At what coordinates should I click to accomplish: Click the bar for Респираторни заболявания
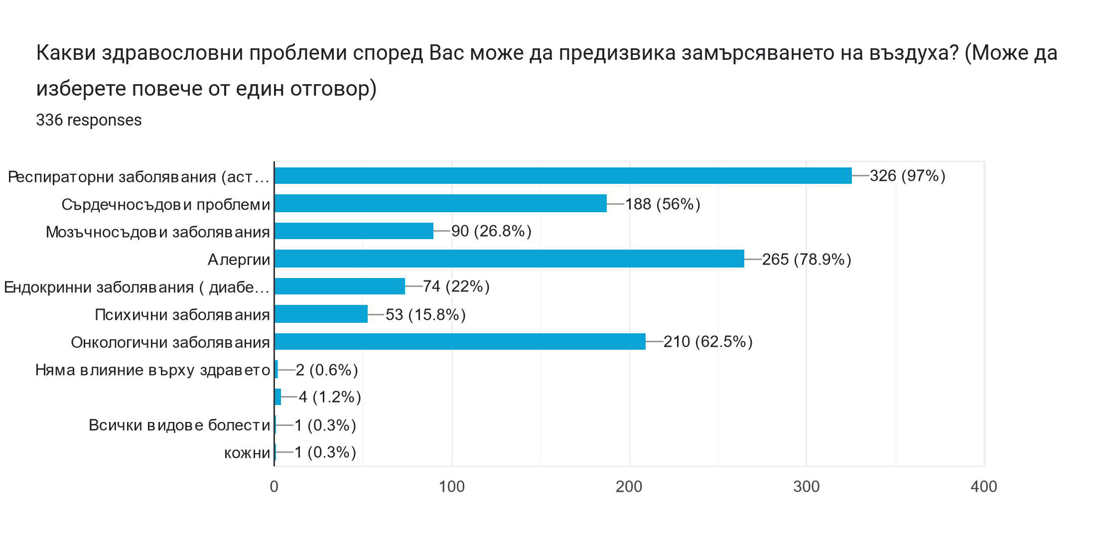point(563,176)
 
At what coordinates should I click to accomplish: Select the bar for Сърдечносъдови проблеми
point(440,204)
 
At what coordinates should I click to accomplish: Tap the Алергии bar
point(509,259)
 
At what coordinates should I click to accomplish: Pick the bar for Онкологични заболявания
point(460,342)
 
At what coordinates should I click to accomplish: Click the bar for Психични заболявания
point(321,314)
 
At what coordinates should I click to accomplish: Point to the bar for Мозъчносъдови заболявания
point(354,231)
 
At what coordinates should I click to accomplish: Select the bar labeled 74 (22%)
point(340,286)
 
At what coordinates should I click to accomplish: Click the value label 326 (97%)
point(907,176)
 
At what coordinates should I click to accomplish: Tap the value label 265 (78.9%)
point(806,260)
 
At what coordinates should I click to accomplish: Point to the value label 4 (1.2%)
point(330,397)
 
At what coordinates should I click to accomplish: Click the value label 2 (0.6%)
point(327,370)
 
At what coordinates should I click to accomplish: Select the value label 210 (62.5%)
point(707,342)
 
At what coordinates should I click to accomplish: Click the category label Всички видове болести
point(179,425)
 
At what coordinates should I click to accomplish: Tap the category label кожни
point(247,453)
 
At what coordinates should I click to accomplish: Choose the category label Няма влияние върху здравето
point(152,370)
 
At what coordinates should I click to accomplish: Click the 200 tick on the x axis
point(629,487)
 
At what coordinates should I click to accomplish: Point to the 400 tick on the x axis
point(984,487)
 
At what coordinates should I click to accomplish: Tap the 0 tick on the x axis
point(274,487)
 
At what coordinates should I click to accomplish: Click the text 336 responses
point(89,120)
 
